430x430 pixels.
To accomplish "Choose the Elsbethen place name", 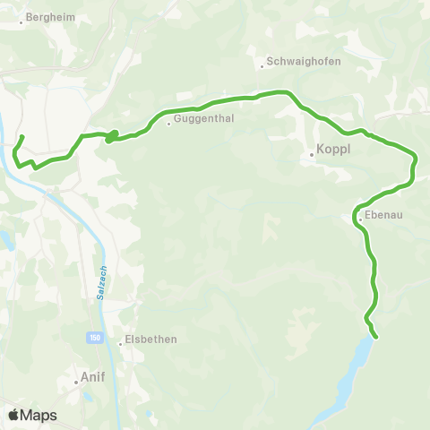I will pyautogui.click(x=151, y=340).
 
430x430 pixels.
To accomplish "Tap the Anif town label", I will pyautogui.click(x=94, y=377).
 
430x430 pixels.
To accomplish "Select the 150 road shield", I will pyautogui.click(x=95, y=337).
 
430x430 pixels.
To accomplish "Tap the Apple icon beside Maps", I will pyautogui.click(x=13, y=415).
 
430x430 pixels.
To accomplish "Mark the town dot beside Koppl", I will pyautogui.click(x=312, y=155).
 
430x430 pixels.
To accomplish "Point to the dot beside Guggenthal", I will pyautogui.click(x=169, y=124).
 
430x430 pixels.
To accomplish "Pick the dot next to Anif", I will pyautogui.click(x=77, y=383).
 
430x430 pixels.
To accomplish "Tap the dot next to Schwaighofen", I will pyautogui.click(x=261, y=65).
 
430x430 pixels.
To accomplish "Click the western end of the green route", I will pyautogui.click(x=21, y=137).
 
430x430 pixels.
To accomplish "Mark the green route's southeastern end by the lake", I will pyautogui.click(x=376, y=337).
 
